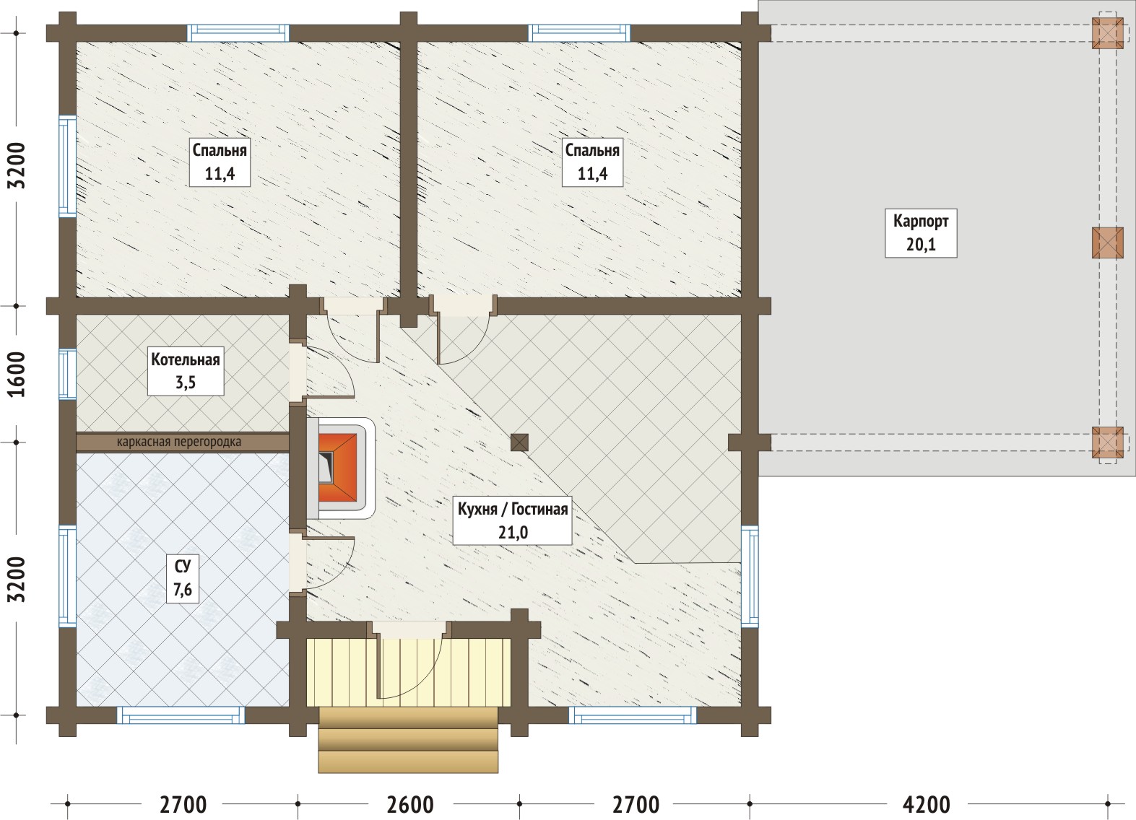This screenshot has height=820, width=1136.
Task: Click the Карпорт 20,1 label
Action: click(x=921, y=233)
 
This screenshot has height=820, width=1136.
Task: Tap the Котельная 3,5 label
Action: click(x=186, y=371)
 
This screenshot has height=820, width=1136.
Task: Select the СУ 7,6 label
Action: click(x=183, y=579)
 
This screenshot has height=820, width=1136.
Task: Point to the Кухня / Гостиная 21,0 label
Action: click(x=512, y=520)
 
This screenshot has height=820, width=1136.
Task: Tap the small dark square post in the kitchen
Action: click(x=520, y=442)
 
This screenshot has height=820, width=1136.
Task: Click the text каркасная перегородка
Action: click(x=179, y=442)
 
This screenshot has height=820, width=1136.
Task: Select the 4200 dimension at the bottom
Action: click(x=927, y=805)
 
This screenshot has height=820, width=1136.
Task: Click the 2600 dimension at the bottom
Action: click(x=410, y=805)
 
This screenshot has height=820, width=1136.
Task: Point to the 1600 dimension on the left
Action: click(x=17, y=374)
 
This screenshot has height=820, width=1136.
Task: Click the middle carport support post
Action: click(x=1108, y=243)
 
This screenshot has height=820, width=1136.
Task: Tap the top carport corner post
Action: click(x=1108, y=33)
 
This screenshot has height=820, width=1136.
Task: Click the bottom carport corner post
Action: click(x=1108, y=442)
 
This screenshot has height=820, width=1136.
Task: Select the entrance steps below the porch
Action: click(x=408, y=740)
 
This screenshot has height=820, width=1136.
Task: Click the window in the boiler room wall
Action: click(x=67, y=374)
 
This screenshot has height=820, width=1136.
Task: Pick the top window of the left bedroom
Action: click(x=238, y=33)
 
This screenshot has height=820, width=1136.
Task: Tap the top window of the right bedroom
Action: click(x=580, y=33)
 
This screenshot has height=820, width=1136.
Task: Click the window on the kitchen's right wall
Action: click(x=750, y=576)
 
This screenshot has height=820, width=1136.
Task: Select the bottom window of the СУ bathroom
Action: click(x=181, y=715)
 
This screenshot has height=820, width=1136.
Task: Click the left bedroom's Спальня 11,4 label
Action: click(x=220, y=162)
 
